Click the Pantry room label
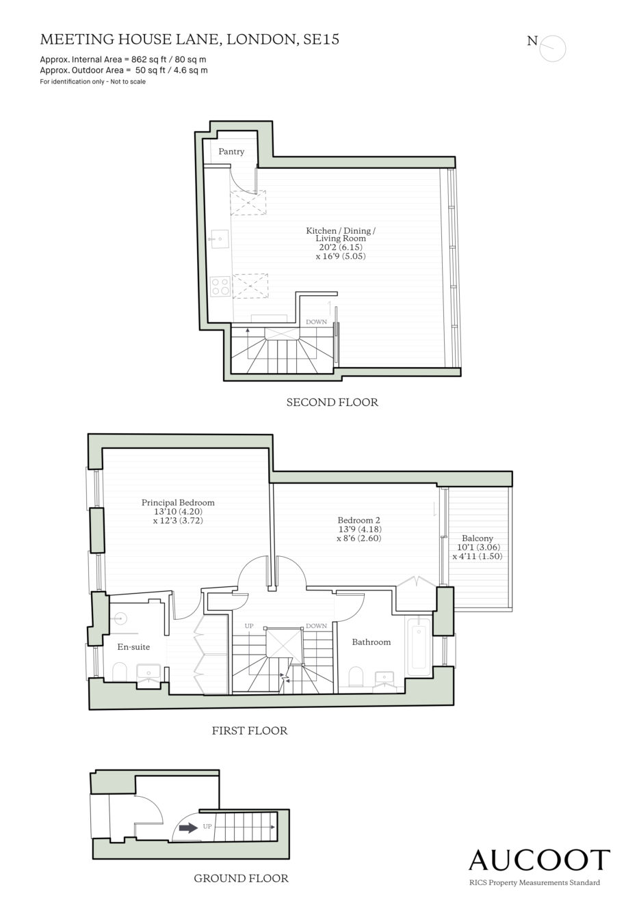point(231,152)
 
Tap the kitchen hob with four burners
point(220,286)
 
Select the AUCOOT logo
point(539,860)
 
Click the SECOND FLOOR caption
point(332,402)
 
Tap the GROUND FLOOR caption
point(241,878)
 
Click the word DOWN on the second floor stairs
point(317,322)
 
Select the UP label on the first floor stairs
point(249,626)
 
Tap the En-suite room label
point(133,646)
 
